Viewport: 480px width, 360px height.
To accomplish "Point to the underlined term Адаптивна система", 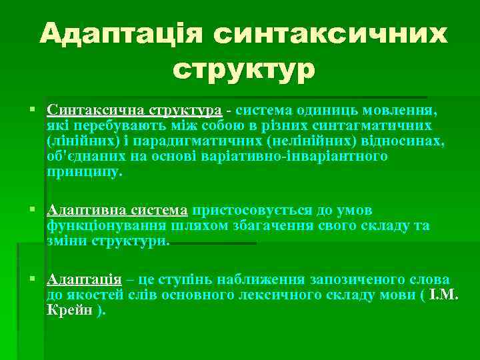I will click(118, 211).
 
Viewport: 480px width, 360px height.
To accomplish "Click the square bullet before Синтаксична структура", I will click(33, 109).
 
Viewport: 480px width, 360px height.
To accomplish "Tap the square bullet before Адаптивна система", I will click(33, 211).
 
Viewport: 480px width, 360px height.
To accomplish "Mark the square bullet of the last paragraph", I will click(33, 279).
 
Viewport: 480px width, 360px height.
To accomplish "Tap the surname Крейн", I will click(70, 310).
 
